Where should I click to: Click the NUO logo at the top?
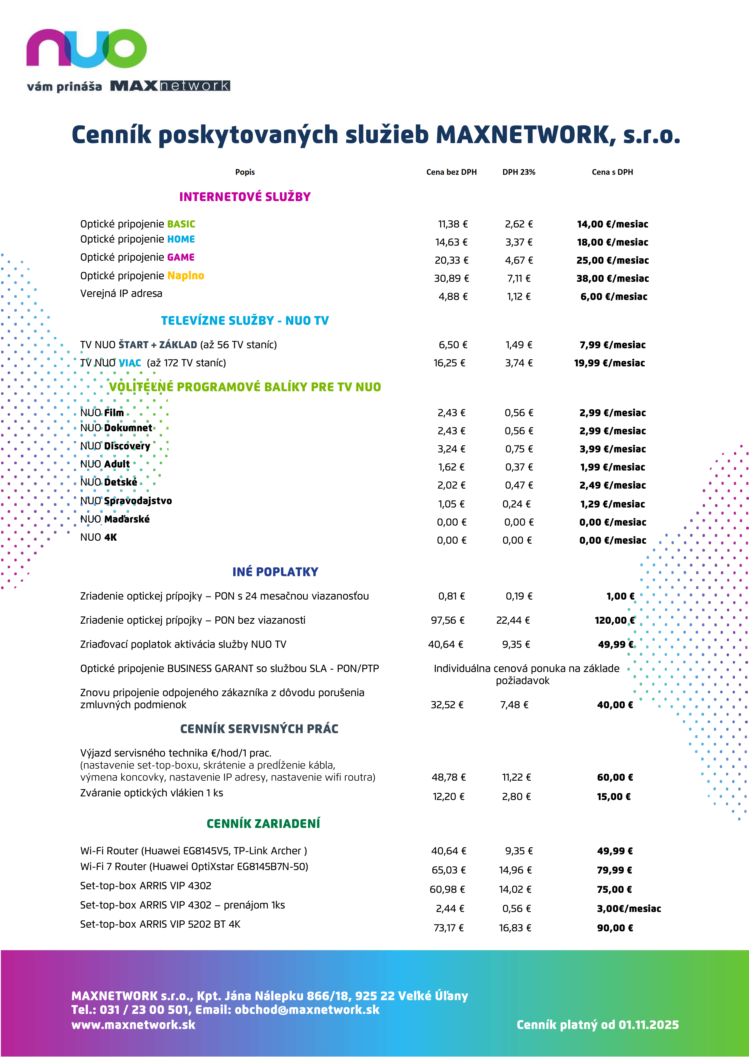(86, 48)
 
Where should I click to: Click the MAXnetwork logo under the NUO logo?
(170, 86)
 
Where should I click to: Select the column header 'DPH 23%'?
(519, 172)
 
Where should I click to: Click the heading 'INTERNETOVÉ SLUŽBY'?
(245, 197)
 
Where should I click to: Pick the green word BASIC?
(181, 224)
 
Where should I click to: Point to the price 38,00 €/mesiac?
(612, 279)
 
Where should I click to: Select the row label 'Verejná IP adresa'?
(121, 293)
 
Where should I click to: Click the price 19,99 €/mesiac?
(609, 363)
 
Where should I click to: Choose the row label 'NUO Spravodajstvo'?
(126, 501)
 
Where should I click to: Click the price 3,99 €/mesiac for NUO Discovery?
(612, 449)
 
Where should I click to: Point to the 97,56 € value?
(447, 620)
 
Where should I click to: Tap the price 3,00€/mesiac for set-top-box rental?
(628, 909)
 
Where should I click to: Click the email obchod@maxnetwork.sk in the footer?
(307, 1010)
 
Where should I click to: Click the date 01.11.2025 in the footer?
(648, 1025)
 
